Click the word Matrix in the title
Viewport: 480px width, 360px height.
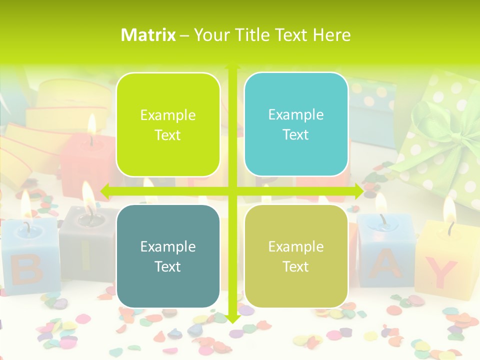(x=148, y=35)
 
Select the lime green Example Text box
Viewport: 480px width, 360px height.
(x=168, y=124)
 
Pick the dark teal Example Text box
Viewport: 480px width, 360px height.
(x=168, y=256)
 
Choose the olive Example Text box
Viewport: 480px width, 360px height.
(x=296, y=256)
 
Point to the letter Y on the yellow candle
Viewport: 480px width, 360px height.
(x=442, y=272)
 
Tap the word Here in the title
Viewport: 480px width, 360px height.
(x=331, y=35)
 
